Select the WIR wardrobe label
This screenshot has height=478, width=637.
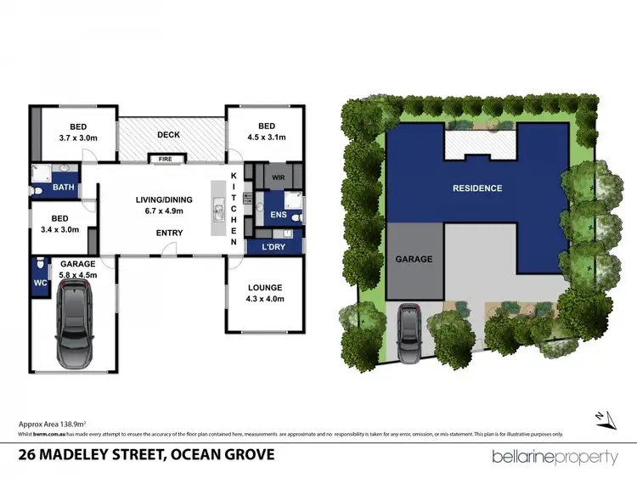pos(278,178)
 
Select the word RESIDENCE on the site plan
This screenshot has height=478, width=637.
pos(476,188)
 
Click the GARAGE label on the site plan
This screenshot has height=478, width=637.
pos(415,259)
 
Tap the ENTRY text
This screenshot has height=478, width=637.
pos(169,233)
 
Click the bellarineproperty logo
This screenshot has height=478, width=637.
pos(555,457)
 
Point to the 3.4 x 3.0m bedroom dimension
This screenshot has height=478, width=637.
pos(59,229)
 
